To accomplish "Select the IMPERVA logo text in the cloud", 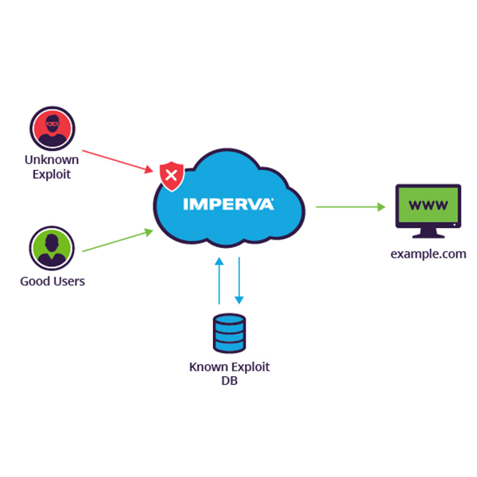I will point(229,204).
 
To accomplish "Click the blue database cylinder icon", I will point(230,333).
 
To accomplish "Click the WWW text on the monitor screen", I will point(428,206).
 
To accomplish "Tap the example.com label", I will point(428,254).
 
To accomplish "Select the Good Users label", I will point(52,281).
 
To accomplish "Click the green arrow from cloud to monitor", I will point(350,207).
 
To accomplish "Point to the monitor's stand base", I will point(428,236).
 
